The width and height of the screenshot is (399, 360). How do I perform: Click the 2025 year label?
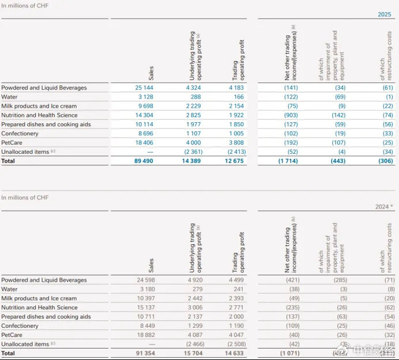[x=384, y=14]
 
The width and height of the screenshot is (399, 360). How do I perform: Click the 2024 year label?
[x=382, y=207]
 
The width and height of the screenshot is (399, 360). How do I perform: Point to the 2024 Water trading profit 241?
[x=238, y=289]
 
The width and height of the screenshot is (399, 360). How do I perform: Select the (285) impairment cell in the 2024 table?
[x=338, y=280]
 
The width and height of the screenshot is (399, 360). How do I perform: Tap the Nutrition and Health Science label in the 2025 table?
[x=40, y=115]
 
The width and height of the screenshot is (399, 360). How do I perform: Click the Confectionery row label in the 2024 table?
[x=20, y=326]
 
